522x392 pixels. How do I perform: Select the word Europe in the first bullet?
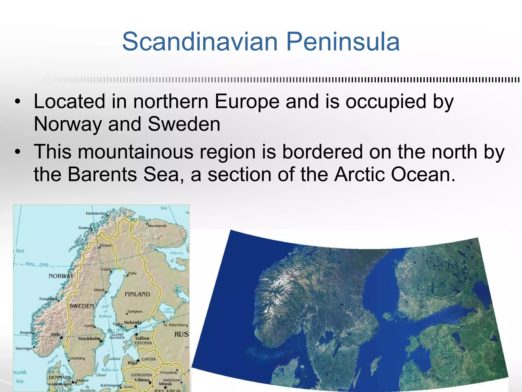[x=247, y=102]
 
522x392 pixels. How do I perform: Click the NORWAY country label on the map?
[x=61, y=276]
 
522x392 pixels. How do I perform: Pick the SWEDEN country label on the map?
[x=82, y=306]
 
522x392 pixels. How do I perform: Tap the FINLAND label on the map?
[x=137, y=294]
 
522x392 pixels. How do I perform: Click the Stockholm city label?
[x=89, y=338]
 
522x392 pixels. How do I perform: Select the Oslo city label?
[x=56, y=334]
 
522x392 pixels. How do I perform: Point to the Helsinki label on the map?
[x=133, y=322]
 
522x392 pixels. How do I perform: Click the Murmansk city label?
[x=157, y=226]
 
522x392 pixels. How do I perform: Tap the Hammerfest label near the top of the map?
[x=97, y=213]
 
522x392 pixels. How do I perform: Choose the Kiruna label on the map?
[x=106, y=245]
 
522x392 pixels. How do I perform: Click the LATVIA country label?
[x=149, y=359]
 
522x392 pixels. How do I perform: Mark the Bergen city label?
[x=26, y=333]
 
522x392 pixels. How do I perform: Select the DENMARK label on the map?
[x=60, y=377]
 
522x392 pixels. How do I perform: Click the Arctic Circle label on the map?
[x=37, y=264]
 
